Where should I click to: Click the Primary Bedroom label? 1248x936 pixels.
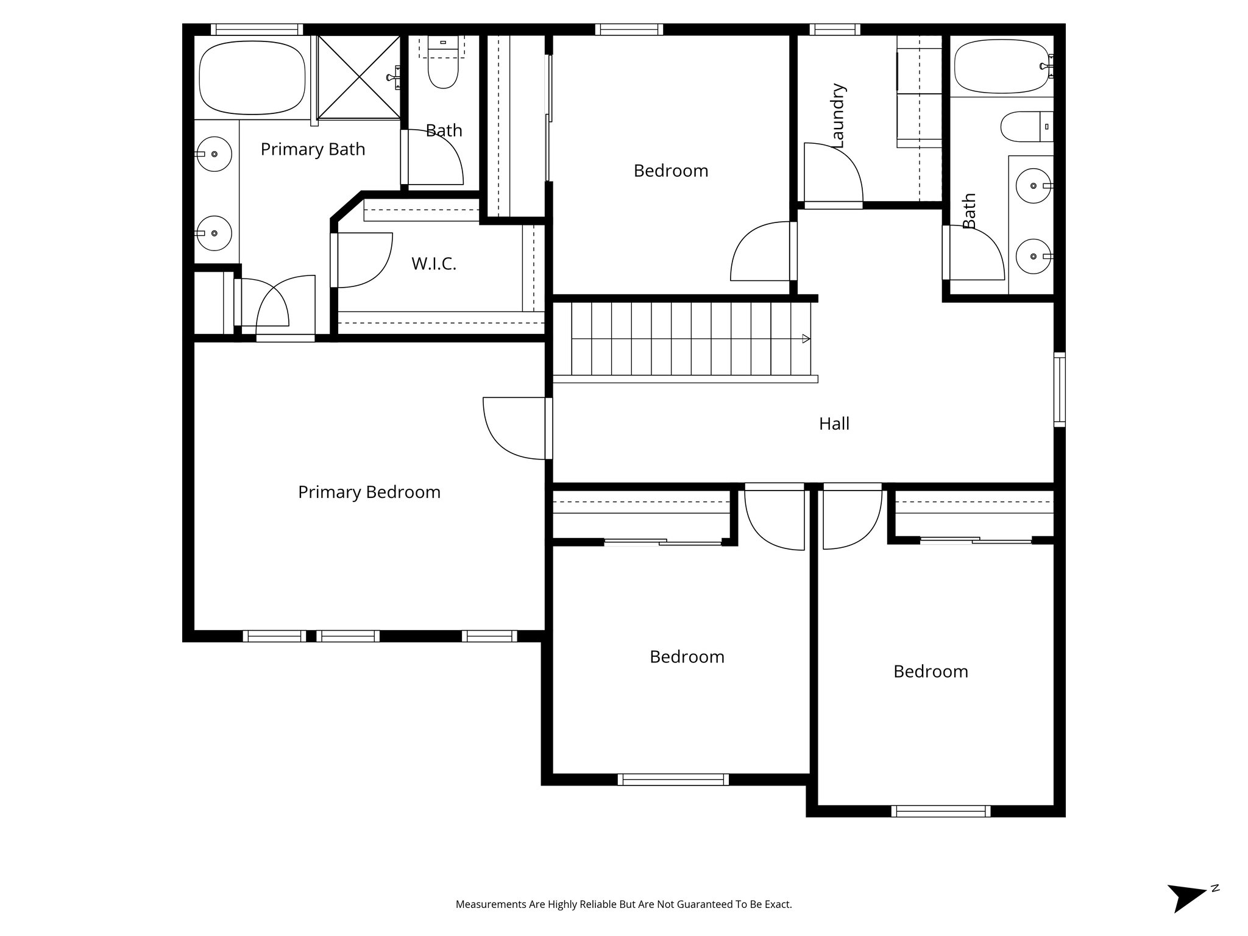369,492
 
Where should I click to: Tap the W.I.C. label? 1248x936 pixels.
433,264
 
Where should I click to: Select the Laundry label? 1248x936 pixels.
838,116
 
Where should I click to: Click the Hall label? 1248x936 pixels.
834,424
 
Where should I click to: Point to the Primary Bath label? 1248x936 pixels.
313,149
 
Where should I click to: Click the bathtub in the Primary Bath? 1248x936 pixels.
252,77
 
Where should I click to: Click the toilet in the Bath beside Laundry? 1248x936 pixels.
1027,126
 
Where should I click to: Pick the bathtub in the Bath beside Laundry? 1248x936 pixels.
1001,66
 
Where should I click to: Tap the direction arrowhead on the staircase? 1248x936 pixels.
806,339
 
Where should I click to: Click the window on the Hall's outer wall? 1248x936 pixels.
1060,389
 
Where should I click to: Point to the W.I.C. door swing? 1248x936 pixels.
364,260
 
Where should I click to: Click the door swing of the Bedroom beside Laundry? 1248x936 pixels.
762,251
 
